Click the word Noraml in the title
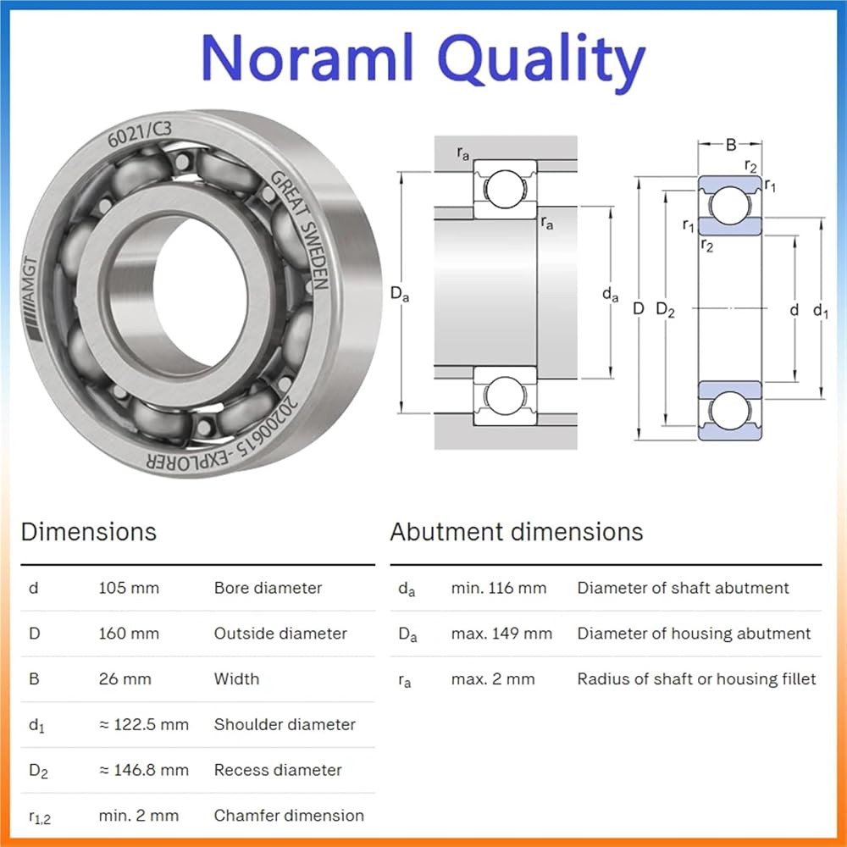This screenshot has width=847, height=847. [x=307, y=57]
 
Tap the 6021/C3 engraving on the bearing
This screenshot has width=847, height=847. [x=140, y=134]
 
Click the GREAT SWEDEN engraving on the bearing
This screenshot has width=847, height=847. [x=301, y=230]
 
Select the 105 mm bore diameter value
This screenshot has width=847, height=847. [x=129, y=588]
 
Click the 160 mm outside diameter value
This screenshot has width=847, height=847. [x=129, y=633]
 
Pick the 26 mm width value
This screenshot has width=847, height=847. [x=125, y=678]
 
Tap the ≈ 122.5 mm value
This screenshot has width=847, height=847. [x=144, y=724]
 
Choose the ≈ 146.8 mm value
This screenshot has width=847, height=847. [x=144, y=770]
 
